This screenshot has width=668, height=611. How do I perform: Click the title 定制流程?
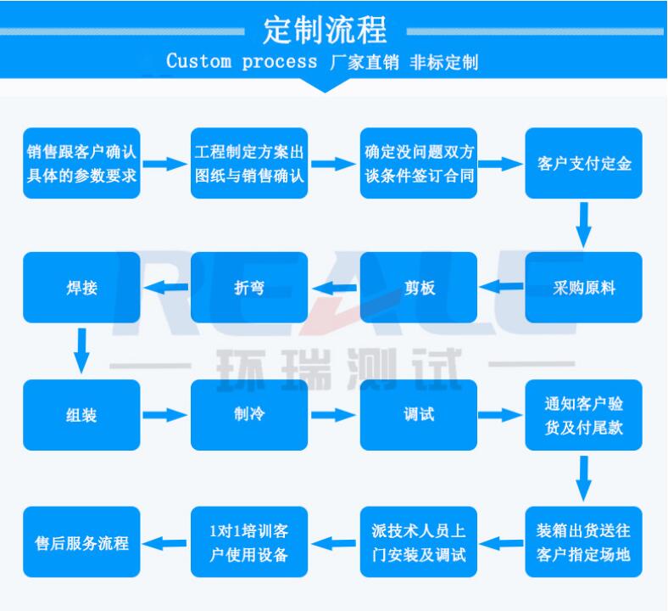325,30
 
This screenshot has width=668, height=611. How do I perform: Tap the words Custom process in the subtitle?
242,61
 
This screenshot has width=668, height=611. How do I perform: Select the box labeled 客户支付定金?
583,163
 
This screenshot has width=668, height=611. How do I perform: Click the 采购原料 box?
583,288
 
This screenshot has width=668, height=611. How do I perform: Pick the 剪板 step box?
419,288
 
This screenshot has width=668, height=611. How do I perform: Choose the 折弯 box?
249,288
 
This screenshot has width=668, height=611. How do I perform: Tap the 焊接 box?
81,288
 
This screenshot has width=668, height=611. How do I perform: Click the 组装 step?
81,415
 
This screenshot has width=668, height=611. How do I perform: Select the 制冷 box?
249,415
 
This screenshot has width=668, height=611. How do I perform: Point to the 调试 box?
419,415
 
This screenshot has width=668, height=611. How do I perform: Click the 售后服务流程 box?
81,542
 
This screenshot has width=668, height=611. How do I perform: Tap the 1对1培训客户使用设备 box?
249,542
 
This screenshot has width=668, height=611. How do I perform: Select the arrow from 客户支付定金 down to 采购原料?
583,225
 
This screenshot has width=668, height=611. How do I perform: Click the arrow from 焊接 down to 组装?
81,351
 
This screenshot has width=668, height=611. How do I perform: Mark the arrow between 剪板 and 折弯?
335,288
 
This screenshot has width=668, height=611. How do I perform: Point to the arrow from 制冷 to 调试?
333,415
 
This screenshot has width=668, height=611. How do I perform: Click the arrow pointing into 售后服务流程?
164,543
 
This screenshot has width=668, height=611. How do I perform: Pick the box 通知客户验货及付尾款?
583,415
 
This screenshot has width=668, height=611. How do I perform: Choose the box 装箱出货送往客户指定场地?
583,542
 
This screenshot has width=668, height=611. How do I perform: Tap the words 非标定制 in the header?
443,62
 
